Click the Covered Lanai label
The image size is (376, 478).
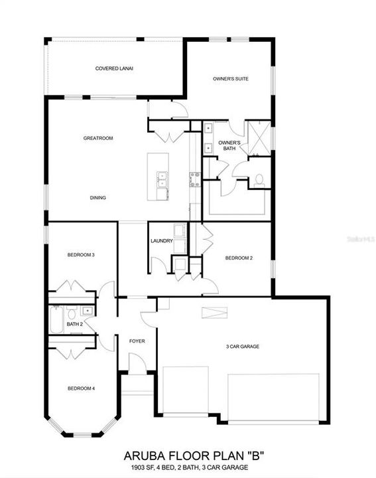point(114,68)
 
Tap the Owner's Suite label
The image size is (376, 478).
point(231,79)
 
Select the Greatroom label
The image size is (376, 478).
point(97,138)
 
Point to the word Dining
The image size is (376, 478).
point(98,198)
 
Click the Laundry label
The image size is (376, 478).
point(162,241)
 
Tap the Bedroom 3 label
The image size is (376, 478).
point(81,255)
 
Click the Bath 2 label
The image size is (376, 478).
point(74,324)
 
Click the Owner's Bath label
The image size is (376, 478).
point(229,145)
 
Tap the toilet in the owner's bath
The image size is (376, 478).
point(259,179)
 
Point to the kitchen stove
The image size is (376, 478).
point(195,178)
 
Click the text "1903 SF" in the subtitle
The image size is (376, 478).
point(142,468)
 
